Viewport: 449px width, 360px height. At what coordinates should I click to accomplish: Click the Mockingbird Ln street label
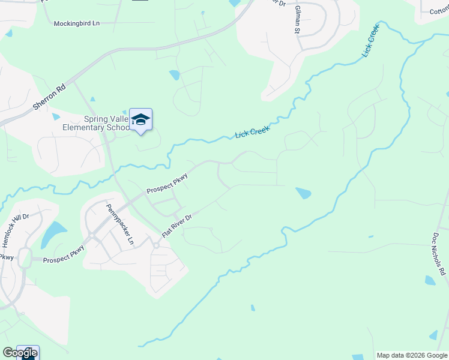pyautogui.click(x=77, y=23)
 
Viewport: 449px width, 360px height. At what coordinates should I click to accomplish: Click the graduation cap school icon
pyautogui.click(x=140, y=119)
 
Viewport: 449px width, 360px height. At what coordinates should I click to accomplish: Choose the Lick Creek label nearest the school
pyautogui.click(x=252, y=132)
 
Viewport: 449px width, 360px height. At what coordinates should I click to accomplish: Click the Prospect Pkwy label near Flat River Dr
pyautogui.click(x=167, y=184)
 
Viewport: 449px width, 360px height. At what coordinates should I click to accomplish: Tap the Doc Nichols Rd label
pyautogui.click(x=439, y=254)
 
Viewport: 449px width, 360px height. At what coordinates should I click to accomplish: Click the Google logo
pyautogui.click(x=20, y=353)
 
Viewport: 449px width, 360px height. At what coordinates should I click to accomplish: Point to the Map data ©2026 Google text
pyautogui.click(x=412, y=355)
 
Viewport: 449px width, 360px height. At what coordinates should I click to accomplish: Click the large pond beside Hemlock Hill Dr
pyautogui.click(x=54, y=233)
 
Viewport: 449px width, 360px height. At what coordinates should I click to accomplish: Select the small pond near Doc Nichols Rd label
pyautogui.click(x=430, y=280)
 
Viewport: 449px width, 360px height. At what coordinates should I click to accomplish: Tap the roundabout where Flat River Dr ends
pyautogui.click(x=156, y=245)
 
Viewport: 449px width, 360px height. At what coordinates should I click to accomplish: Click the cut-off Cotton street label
pyautogui.click(x=439, y=11)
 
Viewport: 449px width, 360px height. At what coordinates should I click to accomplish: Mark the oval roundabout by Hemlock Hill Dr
pyautogui.click(x=25, y=259)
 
